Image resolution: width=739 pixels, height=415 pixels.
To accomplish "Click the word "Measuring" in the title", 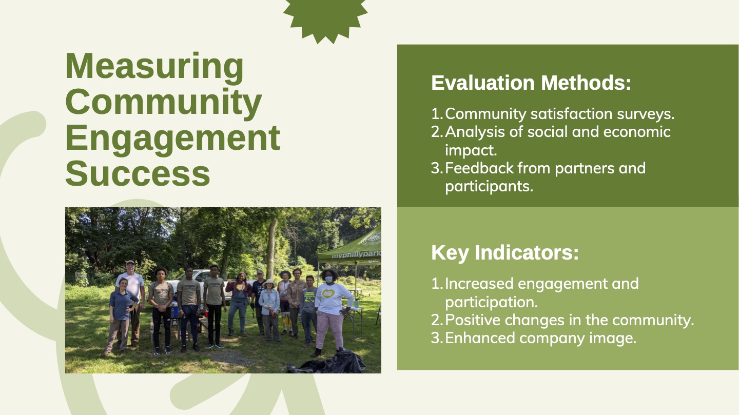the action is click(x=154, y=67).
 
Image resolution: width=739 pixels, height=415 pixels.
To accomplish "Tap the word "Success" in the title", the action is click(x=138, y=173).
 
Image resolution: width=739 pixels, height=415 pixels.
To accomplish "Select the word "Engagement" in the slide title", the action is click(x=173, y=139).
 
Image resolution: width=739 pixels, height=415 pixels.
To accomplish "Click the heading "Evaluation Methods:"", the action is click(x=531, y=83).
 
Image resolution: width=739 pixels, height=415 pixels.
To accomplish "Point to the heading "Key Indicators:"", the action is click(x=505, y=253).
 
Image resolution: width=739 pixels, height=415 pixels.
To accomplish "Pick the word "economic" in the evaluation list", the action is click(x=637, y=132).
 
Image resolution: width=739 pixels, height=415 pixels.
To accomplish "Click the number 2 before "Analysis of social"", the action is click(x=436, y=132).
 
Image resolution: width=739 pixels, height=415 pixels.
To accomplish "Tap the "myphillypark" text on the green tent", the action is click(x=356, y=255).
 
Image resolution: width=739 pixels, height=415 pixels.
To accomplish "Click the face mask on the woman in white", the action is click(x=328, y=280).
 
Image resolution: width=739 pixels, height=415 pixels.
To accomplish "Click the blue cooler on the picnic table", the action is click(x=174, y=309).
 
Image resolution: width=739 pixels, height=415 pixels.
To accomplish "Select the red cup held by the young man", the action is click(x=206, y=313).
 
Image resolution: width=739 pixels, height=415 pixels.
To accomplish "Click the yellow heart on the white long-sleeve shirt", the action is click(x=327, y=293).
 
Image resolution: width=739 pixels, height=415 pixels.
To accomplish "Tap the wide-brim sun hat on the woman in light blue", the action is click(x=269, y=283).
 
